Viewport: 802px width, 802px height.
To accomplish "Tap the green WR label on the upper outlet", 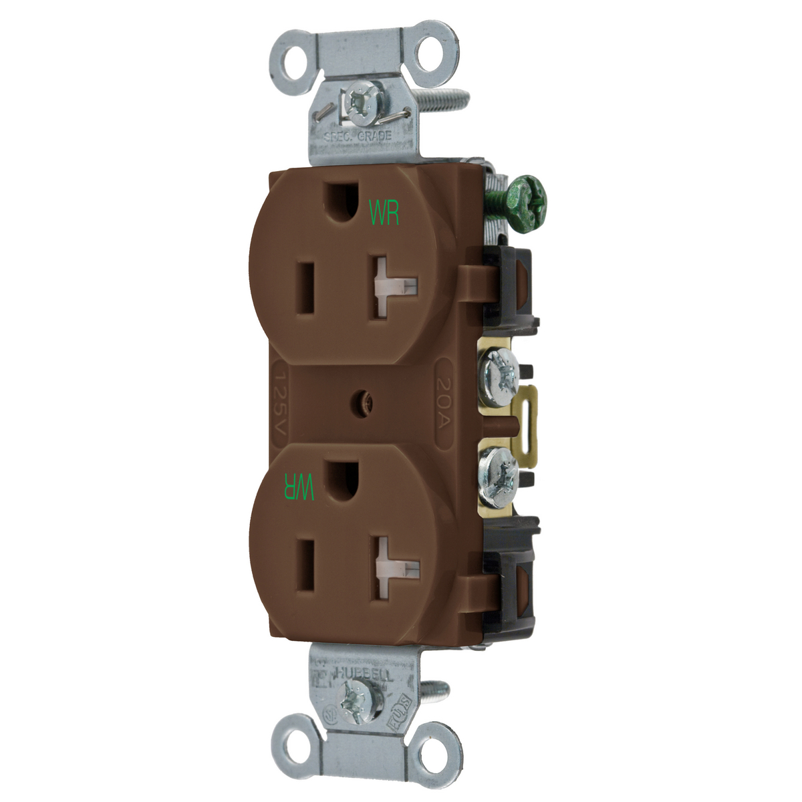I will pos(384,212).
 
